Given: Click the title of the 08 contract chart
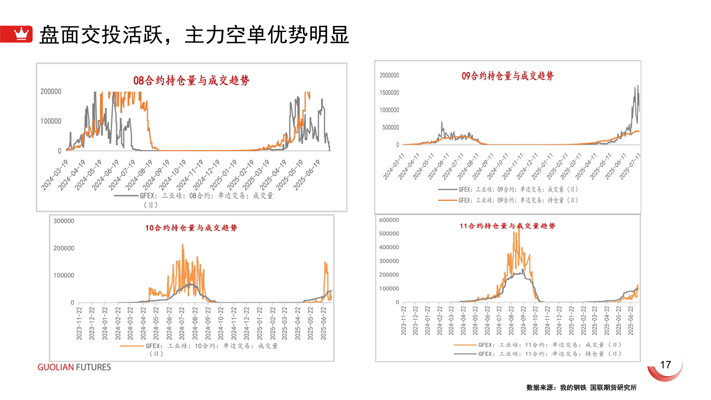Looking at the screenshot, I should click(191, 80).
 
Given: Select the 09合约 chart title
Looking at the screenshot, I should click(507, 76).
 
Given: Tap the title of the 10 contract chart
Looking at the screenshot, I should click(191, 228).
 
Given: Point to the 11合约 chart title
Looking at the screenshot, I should click(507, 226).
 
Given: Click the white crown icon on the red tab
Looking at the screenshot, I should click(21, 34).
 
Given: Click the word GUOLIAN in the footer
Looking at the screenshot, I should click(56, 367).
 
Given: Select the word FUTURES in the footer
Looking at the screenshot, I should click(93, 367).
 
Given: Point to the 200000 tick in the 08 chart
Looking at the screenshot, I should click(51, 91).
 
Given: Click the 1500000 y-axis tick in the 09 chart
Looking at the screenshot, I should click(389, 93).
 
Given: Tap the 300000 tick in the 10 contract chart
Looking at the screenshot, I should click(64, 221).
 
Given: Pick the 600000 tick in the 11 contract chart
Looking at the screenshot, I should click(389, 220).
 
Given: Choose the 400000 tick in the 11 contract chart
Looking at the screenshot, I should click(389, 247).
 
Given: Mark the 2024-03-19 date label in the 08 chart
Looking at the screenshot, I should click(54, 175).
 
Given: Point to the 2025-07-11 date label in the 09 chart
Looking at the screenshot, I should click(630, 167).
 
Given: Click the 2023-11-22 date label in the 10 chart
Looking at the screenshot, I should click(79, 323).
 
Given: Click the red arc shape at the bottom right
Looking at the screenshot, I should click(665, 374).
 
